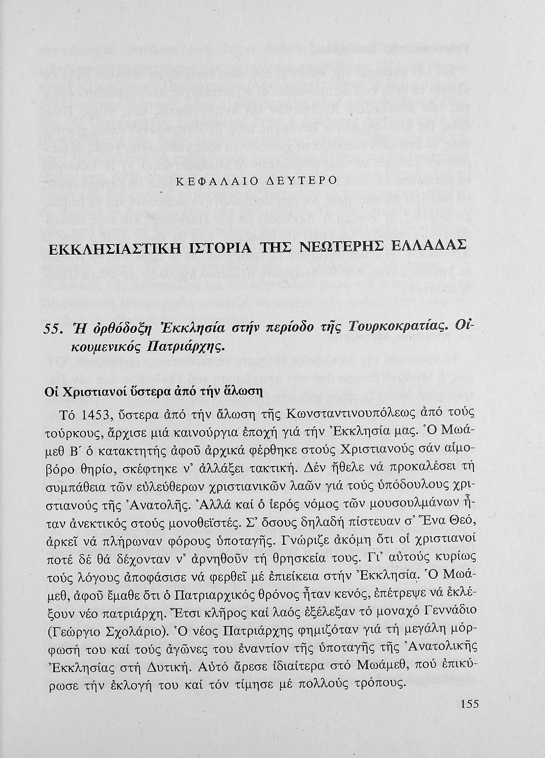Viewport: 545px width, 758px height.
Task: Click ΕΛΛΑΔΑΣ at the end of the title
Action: point(429,249)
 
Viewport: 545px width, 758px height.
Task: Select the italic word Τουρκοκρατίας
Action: point(406,328)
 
